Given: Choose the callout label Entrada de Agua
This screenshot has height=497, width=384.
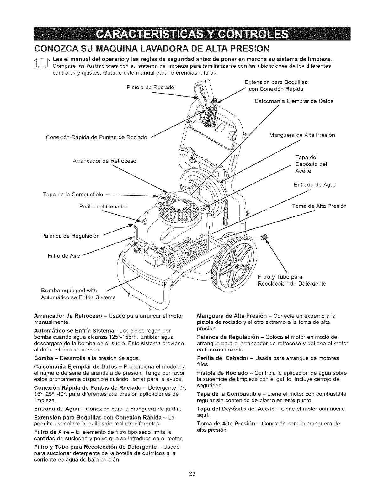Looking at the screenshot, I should [315, 184].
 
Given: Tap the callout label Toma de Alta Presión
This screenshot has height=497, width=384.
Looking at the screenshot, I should [319, 206].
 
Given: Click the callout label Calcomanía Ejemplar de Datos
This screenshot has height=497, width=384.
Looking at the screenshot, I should [294, 101].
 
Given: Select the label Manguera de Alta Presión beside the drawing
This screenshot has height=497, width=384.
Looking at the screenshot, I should [302, 135].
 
